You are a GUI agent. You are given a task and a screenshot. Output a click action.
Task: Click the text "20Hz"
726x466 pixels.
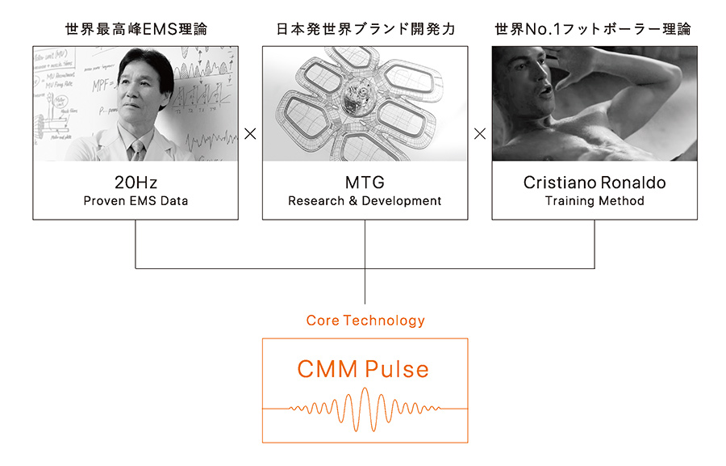tap(136, 183)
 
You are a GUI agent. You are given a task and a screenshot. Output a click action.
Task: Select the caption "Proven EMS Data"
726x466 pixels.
tap(136, 201)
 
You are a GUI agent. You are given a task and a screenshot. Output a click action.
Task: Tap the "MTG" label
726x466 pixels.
tap(365, 183)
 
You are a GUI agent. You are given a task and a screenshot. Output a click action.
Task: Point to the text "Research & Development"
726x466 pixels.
tap(365, 201)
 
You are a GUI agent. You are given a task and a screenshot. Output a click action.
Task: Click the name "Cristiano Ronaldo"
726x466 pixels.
tap(595, 183)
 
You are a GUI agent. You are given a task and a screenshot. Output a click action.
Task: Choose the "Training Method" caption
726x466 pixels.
tap(595, 201)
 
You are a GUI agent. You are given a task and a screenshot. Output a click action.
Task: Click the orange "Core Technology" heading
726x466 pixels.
tap(365, 321)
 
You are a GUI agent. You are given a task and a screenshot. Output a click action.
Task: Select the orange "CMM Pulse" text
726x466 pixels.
tap(363, 369)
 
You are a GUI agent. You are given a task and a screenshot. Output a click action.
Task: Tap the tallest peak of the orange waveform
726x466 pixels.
tap(365, 389)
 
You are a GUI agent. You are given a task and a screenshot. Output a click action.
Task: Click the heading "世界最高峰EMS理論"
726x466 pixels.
tap(136, 29)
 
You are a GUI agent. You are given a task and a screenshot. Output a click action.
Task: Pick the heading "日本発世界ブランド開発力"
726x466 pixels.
tap(365, 29)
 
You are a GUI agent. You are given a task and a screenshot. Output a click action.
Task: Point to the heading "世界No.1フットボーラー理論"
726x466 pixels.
tap(593, 29)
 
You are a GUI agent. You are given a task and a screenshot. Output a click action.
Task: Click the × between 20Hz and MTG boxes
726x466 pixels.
tap(250, 134)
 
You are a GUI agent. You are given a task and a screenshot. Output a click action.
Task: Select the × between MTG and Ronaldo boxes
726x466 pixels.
tap(480, 134)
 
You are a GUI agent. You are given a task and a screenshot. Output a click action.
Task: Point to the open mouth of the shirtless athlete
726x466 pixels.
tap(546, 90)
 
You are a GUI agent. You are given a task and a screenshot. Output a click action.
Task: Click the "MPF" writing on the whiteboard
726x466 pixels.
tap(101, 86)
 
